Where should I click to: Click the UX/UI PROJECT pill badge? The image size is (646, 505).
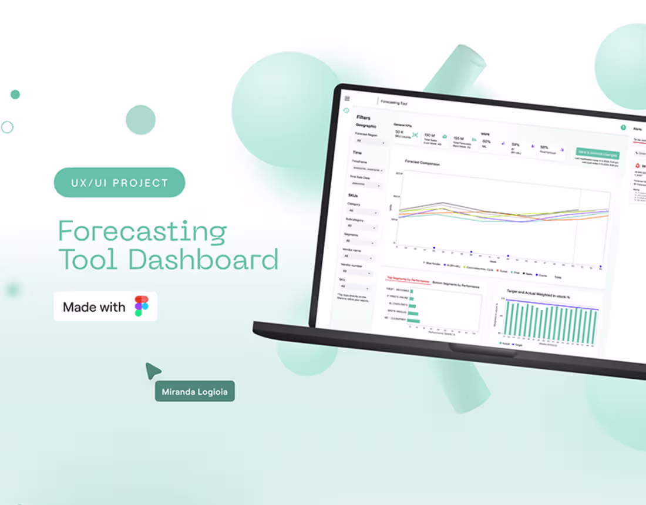119,183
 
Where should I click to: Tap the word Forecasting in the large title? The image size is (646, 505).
142,231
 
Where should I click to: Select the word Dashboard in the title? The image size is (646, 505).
203,260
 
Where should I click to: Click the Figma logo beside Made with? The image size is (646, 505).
142,307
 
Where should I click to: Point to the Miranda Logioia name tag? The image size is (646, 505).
194,391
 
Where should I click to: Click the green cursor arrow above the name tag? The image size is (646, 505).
153,371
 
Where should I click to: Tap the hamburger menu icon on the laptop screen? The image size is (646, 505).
347,99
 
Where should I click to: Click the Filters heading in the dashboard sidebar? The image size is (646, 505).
364,117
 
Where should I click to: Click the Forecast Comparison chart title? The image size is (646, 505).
422,163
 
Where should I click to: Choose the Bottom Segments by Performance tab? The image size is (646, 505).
456,285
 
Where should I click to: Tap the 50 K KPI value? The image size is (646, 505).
399,132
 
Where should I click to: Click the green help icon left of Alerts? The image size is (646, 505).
623,127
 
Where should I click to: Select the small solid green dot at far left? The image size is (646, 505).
15,95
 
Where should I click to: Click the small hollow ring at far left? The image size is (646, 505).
7,127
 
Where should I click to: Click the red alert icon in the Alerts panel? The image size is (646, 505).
637,167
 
